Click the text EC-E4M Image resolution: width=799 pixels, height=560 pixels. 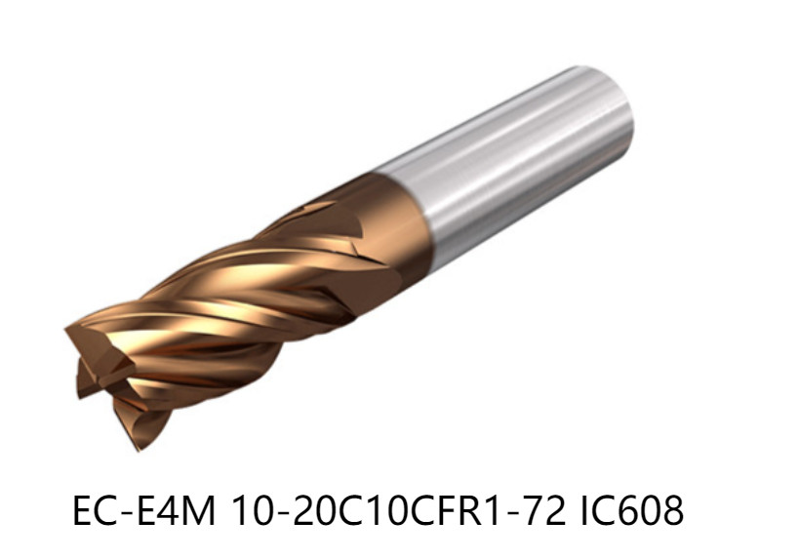tap(144, 510)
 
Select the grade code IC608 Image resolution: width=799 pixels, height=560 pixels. tap(631, 510)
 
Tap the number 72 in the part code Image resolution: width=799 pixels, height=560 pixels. tap(546, 510)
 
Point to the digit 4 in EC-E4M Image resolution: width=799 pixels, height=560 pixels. tap(169, 510)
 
